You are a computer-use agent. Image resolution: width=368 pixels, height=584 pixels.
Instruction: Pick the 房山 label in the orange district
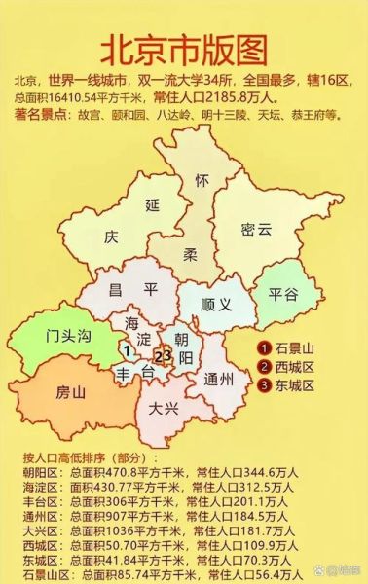tap(71, 392)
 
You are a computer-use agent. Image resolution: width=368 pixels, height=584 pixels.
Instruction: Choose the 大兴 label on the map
tap(164, 409)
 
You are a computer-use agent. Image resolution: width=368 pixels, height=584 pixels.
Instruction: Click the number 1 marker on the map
tap(126, 351)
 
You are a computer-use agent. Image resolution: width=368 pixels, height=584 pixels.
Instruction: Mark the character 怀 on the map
tap(202, 182)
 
